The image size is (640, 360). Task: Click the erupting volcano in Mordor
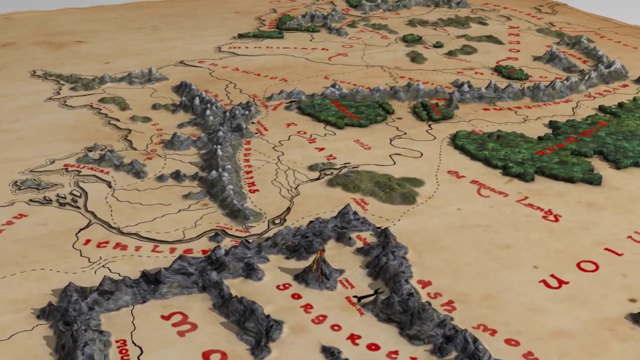click(318, 270)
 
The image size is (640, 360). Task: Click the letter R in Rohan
click(288, 125)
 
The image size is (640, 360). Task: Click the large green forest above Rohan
click(345, 111)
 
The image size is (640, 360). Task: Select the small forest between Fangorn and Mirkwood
click(433, 110)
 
